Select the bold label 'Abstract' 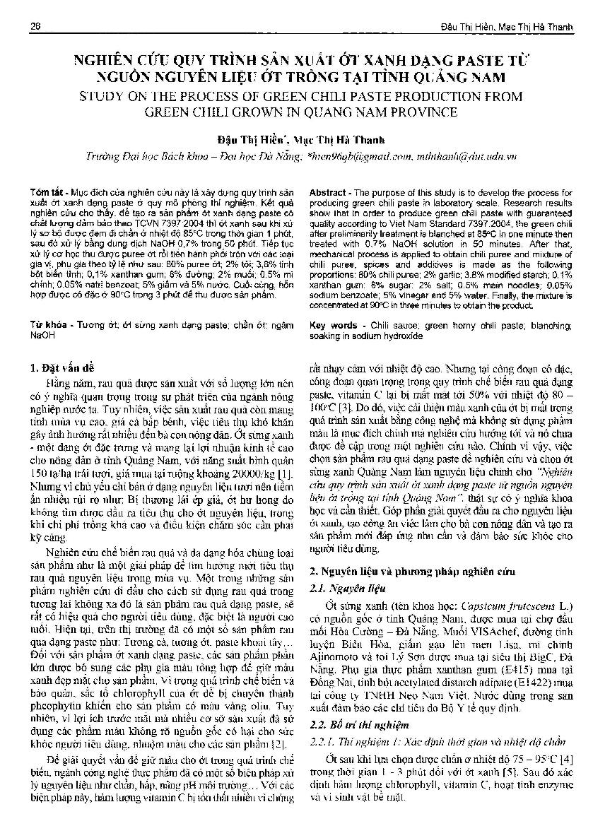[328, 192]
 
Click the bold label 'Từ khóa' [47, 325]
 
